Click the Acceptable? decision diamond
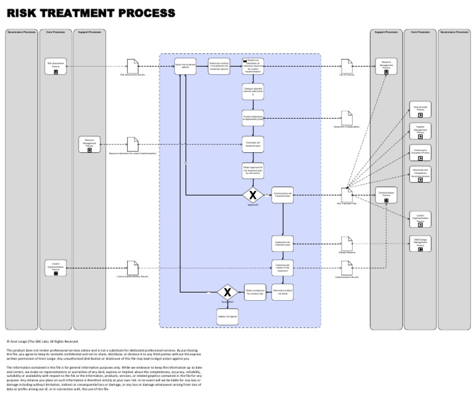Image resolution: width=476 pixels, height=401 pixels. pos(227,292)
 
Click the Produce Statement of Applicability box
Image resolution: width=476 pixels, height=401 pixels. pos(253,118)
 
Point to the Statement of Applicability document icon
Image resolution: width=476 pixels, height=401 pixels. pos(347,118)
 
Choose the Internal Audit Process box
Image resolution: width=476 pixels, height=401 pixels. pos(420,110)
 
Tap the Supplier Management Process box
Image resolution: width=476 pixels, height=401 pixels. pos(420,130)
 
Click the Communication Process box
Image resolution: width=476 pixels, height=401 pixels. pos(386,195)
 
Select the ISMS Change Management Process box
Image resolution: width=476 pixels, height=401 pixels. pos(420,243)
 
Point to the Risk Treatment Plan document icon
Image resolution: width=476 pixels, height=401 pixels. pos(347,195)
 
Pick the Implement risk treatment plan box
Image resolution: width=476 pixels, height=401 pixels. pos(283,243)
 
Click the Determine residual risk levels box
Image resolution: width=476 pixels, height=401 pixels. pos(283,292)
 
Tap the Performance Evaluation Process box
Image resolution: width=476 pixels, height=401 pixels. pos(420,152)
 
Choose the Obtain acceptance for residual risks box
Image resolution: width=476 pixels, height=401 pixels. pos(255,292)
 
